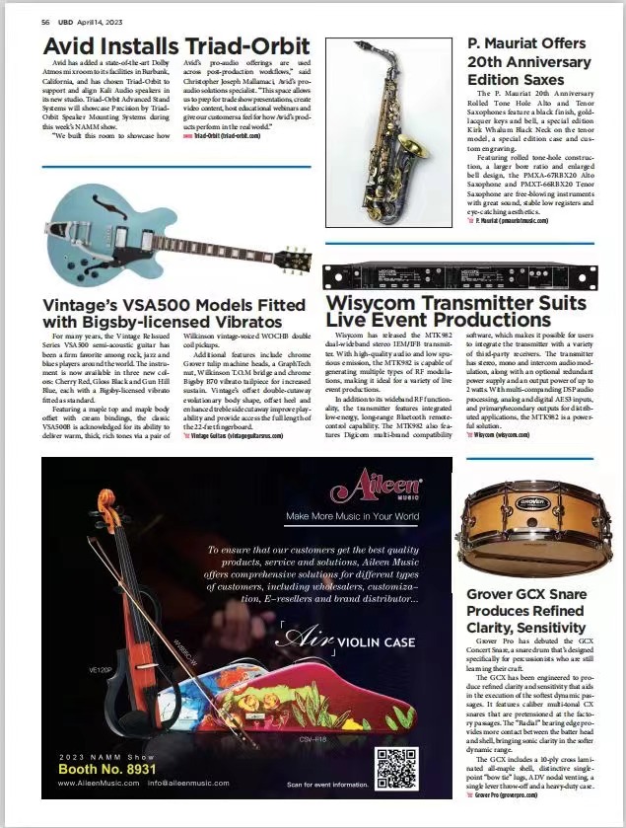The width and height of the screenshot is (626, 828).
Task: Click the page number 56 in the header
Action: (45, 21)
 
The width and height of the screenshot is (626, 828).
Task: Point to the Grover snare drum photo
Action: (535, 542)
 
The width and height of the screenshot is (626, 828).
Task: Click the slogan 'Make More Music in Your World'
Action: (352, 516)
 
